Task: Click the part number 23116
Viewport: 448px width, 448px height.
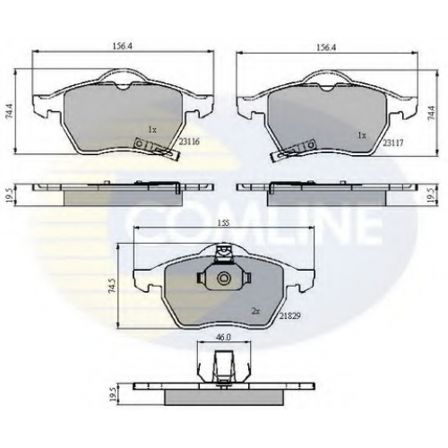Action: (x=189, y=142)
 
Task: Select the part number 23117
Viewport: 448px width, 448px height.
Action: (x=393, y=143)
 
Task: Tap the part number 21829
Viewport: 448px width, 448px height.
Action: (x=289, y=315)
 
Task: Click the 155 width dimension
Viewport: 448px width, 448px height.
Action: (x=223, y=223)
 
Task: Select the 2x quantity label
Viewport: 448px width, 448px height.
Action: (x=256, y=312)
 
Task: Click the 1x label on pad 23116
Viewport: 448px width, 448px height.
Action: (x=152, y=130)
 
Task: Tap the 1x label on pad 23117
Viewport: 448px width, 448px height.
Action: (x=362, y=135)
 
